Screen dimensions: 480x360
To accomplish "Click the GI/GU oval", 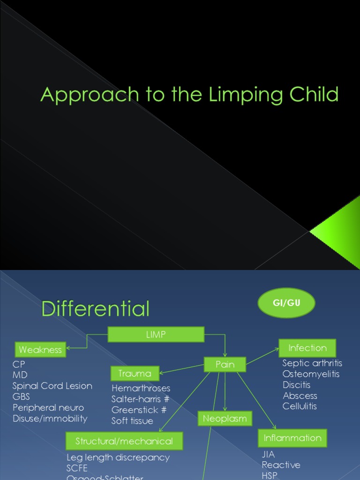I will tap(286, 303).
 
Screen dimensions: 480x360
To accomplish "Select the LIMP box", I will tap(156, 334).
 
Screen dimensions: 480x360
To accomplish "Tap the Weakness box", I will tap(41, 350).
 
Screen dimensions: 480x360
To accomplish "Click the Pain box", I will tap(225, 364).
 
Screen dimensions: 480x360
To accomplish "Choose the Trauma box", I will tap(135, 373).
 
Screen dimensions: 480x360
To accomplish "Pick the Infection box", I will tap(307, 348).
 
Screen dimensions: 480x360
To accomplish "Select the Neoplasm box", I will tap(225, 419).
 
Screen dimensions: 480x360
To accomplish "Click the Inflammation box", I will tap(292, 438).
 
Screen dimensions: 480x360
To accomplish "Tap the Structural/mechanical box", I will tap(124, 441).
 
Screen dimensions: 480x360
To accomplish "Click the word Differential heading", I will tap(96, 309).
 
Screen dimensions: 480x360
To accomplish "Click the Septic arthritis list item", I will tap(312, 363).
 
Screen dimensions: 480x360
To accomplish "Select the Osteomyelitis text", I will tap(311, 374).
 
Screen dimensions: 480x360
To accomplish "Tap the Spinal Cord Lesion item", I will tap(52, 386).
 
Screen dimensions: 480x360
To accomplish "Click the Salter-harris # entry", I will tap(141, 399).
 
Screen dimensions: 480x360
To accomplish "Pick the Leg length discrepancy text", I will tap(118, 457).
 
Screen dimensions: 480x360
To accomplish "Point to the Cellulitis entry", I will tap(300, 406).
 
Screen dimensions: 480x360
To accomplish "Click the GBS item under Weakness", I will tap(22, 397).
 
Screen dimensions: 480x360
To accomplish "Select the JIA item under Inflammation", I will tap(269, 454).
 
